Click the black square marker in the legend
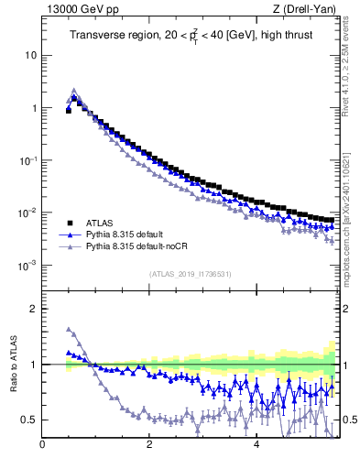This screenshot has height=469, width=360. click(x=69, y=222)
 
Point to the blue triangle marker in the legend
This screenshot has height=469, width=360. click(x=69, y=234)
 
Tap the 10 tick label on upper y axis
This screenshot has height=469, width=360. click(x=29, y=55)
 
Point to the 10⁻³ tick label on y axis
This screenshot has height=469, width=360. click(x=27, y=266)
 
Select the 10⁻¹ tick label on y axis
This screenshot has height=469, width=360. click(x=27, y=160)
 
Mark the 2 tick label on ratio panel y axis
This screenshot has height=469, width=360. click(x=32, y=309)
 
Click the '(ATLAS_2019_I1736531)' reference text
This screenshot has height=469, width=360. click(x=189, y=274)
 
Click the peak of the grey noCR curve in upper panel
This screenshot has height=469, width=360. click(x=74, y=91)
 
